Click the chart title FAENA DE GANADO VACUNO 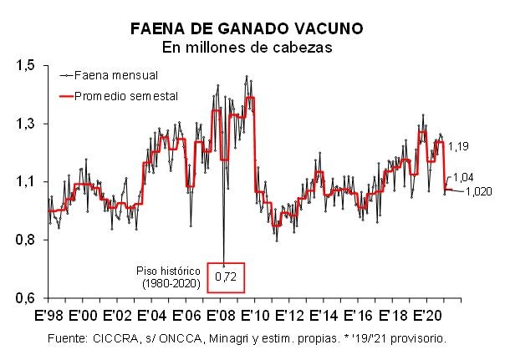click(x=246, y=29)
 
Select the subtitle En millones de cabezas click(x=246, y=48)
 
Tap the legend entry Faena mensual click(x=122, y=74)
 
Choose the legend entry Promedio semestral click(x=127, y=96)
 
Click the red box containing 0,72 click(x=225, y=276)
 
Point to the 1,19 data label click(x=458, y=147)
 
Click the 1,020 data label click(x=479, y=191)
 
